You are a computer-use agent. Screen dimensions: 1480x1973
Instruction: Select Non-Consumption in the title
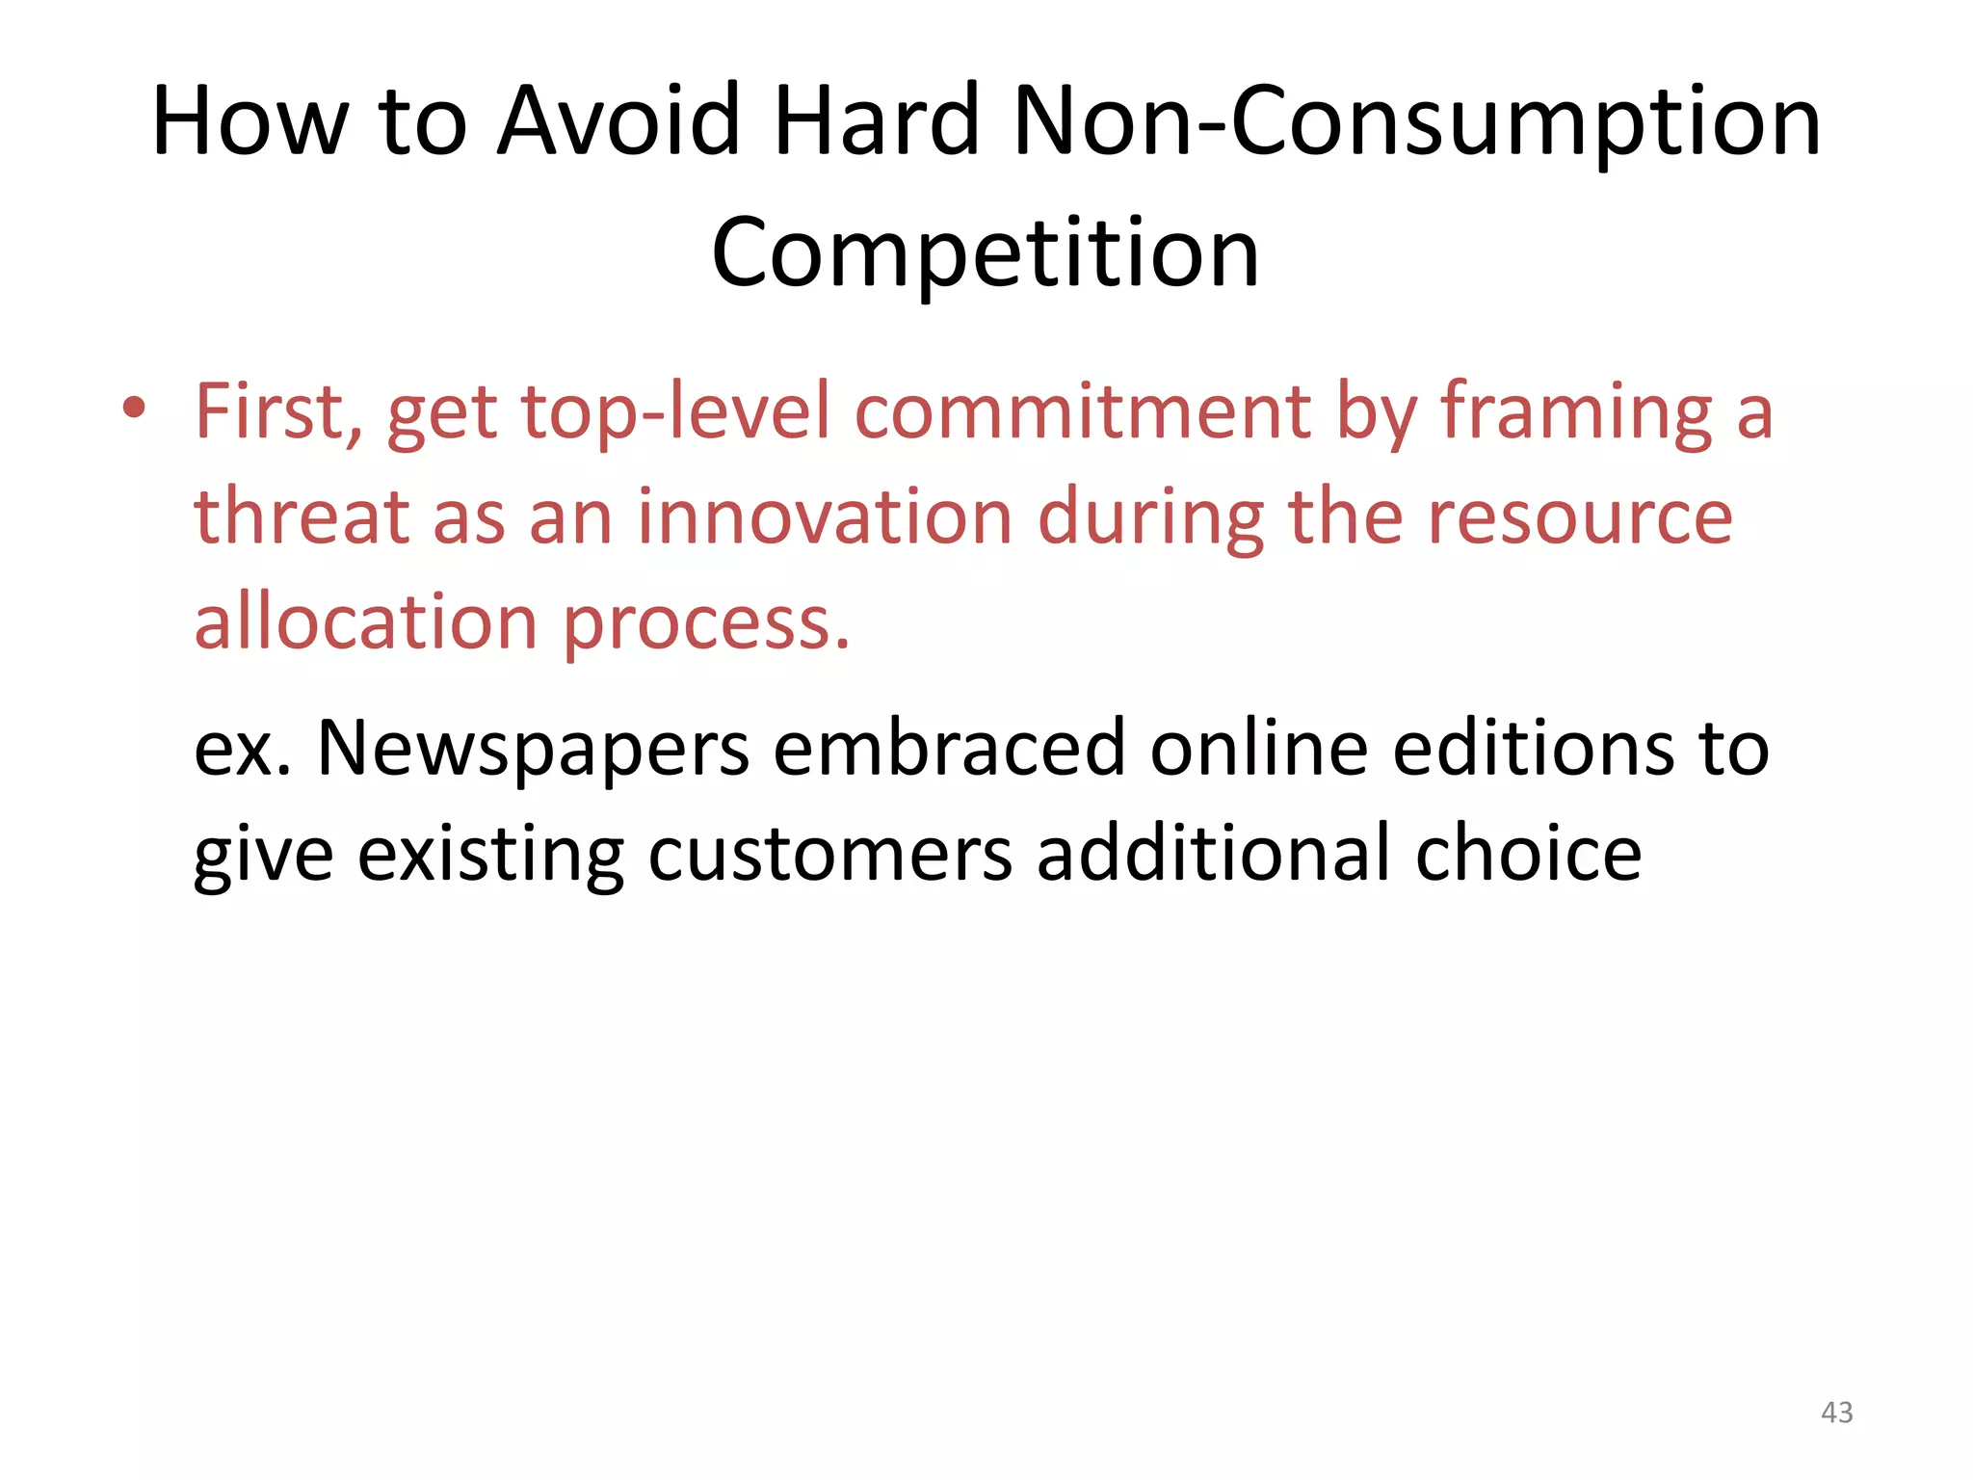1416,121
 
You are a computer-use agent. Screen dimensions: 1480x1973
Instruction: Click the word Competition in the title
986,252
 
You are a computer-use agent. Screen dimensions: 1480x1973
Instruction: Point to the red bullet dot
134,409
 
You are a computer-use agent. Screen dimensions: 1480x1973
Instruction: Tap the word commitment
1082,412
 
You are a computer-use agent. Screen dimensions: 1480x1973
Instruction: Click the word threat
301,517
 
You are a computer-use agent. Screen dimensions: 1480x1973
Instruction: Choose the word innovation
825,517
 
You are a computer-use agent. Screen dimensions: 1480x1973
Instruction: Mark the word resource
1580,517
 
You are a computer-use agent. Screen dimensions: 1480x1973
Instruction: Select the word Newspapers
533,750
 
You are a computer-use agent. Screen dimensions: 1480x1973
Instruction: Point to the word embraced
949,748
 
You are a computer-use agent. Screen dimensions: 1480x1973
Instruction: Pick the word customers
829,855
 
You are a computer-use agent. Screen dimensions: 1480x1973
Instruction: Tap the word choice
1528,853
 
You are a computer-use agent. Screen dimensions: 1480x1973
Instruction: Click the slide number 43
1836,1413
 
